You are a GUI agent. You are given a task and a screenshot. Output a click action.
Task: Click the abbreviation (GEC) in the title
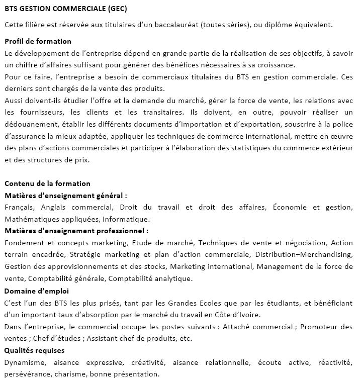tap(116, 9)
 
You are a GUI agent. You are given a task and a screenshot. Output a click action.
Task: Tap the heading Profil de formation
tap(38, 41)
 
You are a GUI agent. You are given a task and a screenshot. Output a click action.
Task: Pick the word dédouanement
tap(31, 124)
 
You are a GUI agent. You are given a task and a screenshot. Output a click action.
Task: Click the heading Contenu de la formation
tap(47, 183)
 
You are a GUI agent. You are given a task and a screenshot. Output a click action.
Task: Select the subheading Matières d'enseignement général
tap(65, 196)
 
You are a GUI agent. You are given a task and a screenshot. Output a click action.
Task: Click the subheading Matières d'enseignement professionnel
tap(76, 231)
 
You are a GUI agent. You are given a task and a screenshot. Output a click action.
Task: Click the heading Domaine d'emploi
tap(37, 291)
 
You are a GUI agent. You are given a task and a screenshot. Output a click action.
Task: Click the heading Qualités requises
tap(34, 350)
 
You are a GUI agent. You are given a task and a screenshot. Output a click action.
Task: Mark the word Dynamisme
tap(25, 362)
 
